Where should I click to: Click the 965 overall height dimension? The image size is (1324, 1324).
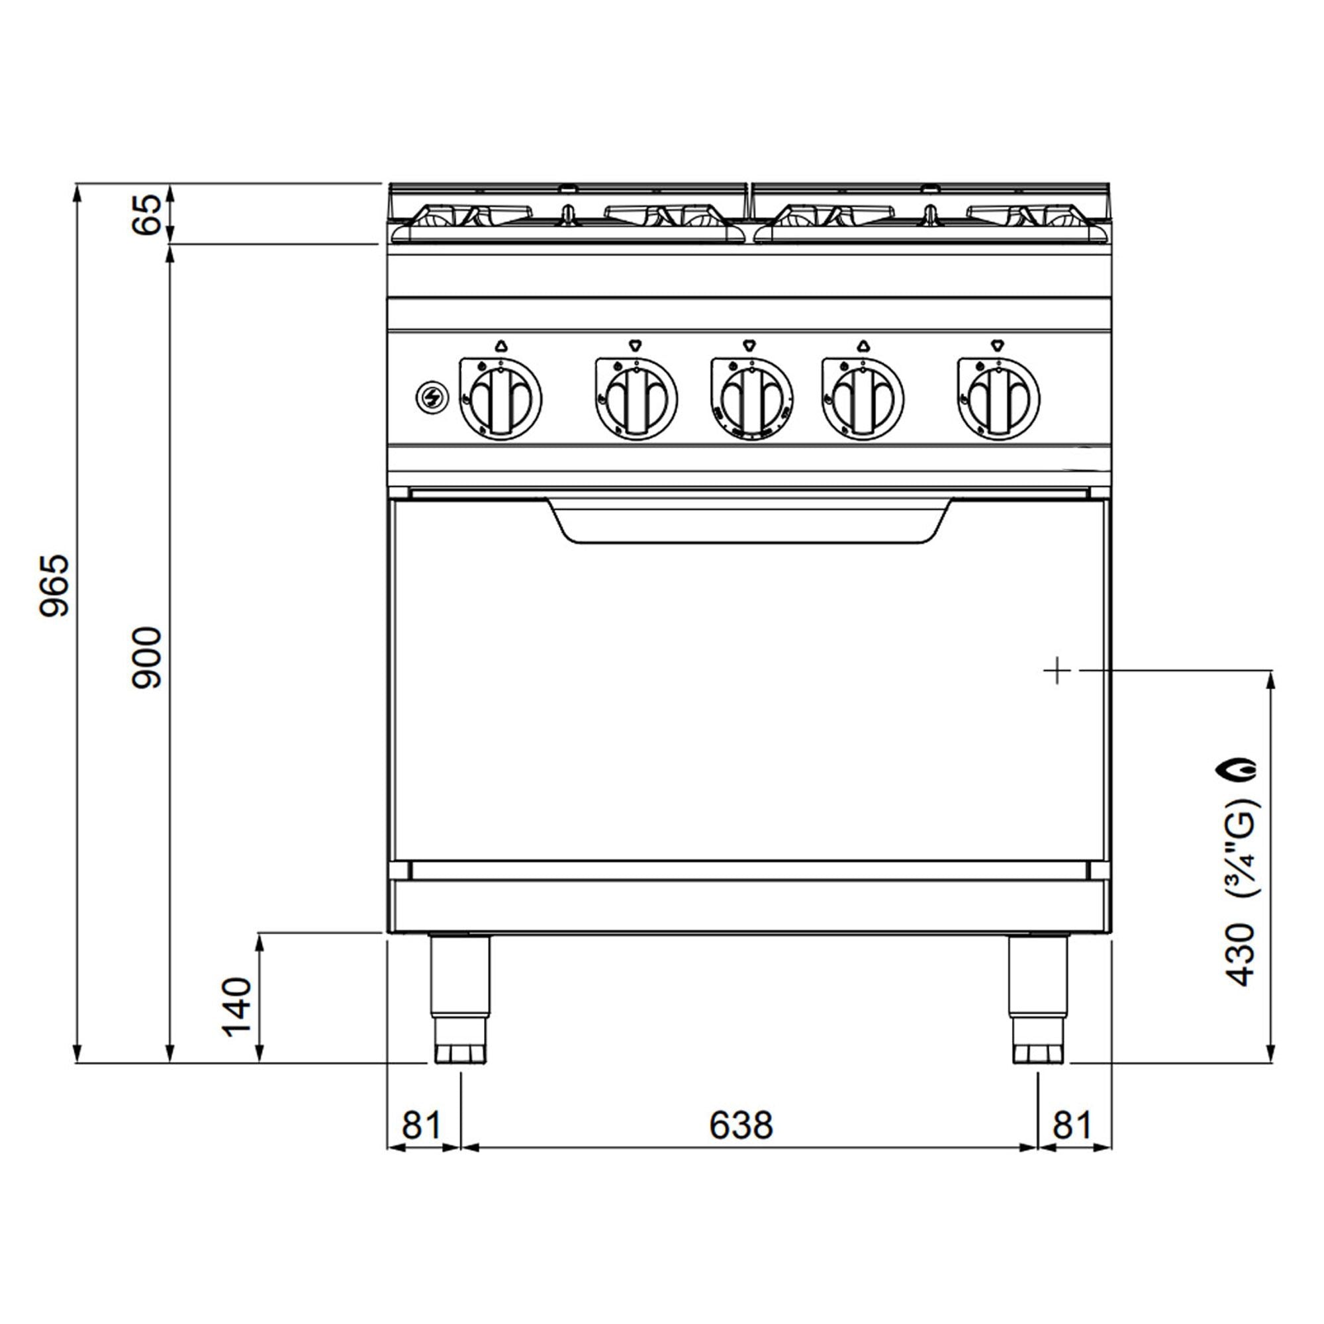[x=54, y=585]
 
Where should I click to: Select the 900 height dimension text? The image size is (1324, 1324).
[x=148, y=657]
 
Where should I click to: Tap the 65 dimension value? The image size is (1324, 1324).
[x=147, y=214]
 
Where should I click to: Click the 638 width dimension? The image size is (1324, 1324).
[x=741, y=1125]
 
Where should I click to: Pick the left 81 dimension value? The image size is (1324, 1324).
[x=421, y=1125]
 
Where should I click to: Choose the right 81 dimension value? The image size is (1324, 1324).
[x=1071, y=1125]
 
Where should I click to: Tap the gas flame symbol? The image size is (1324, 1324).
[x=1240, y=770]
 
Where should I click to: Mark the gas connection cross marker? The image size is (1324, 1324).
[x=1057, y=669]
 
